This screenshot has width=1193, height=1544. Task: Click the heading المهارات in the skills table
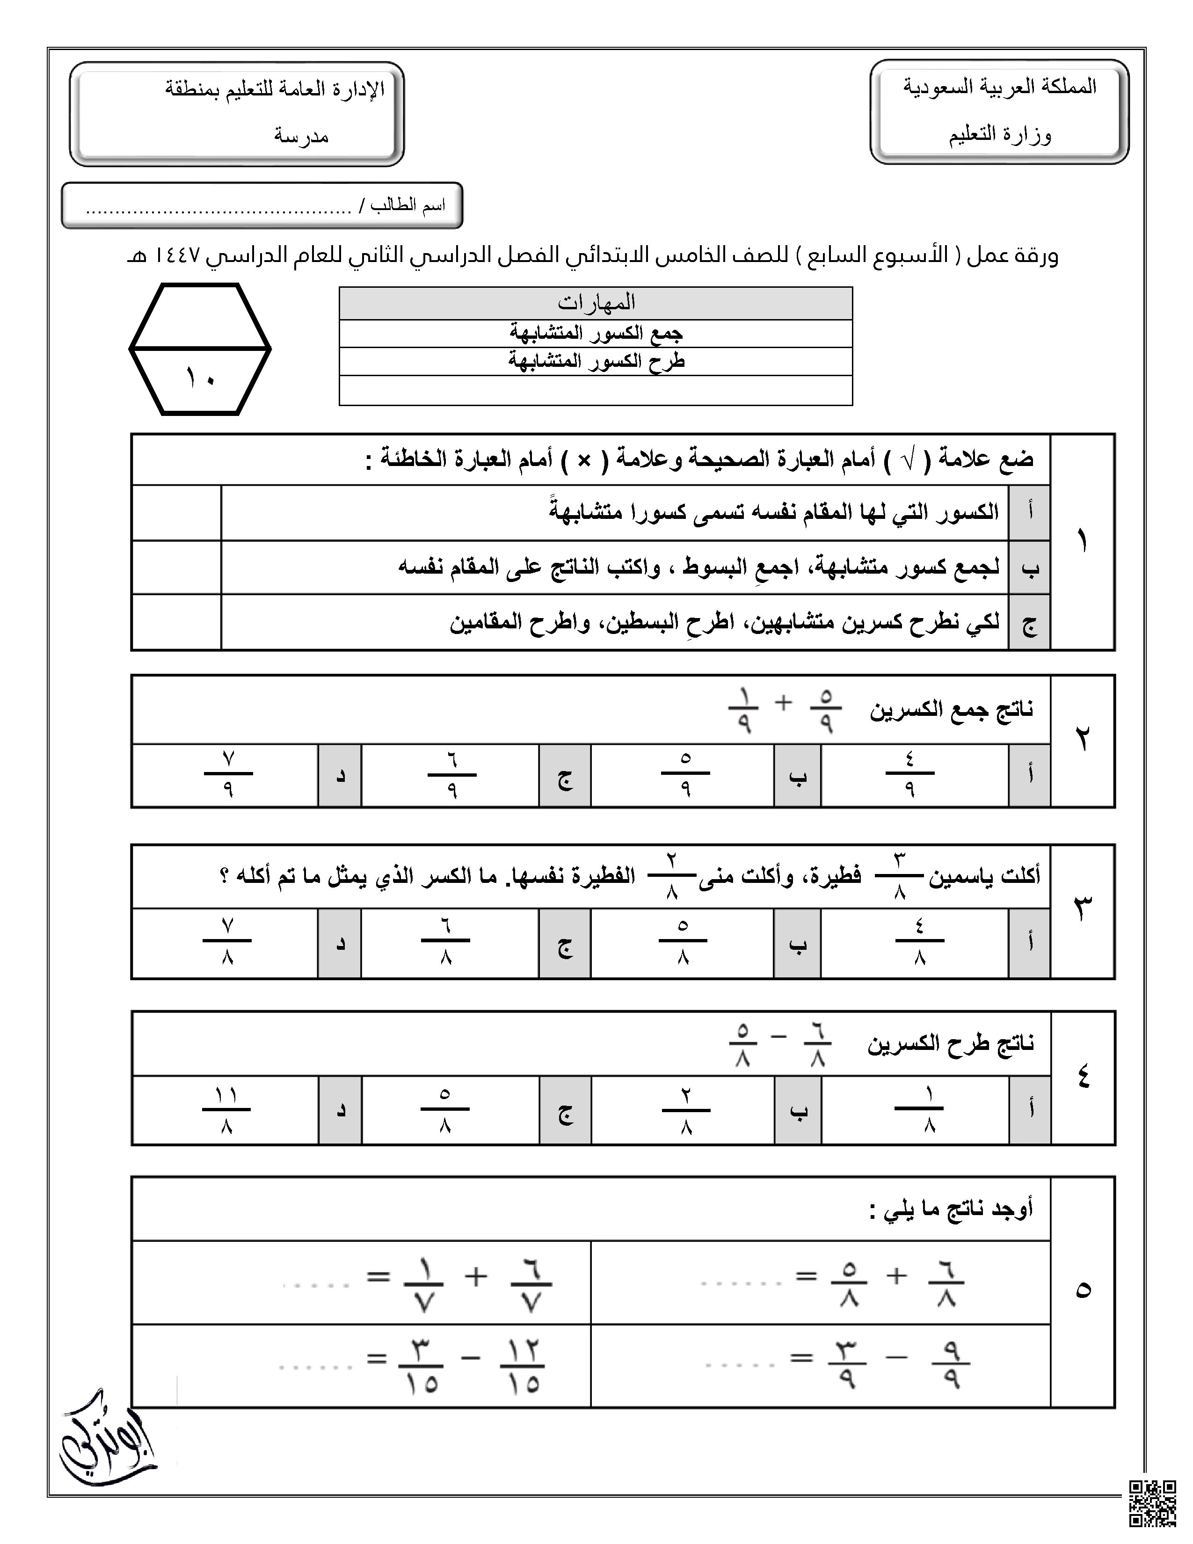tap(596, 303)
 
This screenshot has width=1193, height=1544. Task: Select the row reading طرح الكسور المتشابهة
tap(596, 361)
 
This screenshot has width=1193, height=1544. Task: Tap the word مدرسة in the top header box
tap(302, 136)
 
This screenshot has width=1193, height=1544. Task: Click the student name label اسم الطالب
tap(408, 206)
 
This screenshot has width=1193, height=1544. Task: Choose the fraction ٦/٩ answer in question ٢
tap(451, 775)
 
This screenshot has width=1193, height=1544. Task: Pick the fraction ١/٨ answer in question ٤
tap(919, 1109)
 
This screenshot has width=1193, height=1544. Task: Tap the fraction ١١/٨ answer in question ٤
tap(226, 1109)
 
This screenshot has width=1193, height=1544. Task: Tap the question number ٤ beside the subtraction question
tap(1083, 1078)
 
